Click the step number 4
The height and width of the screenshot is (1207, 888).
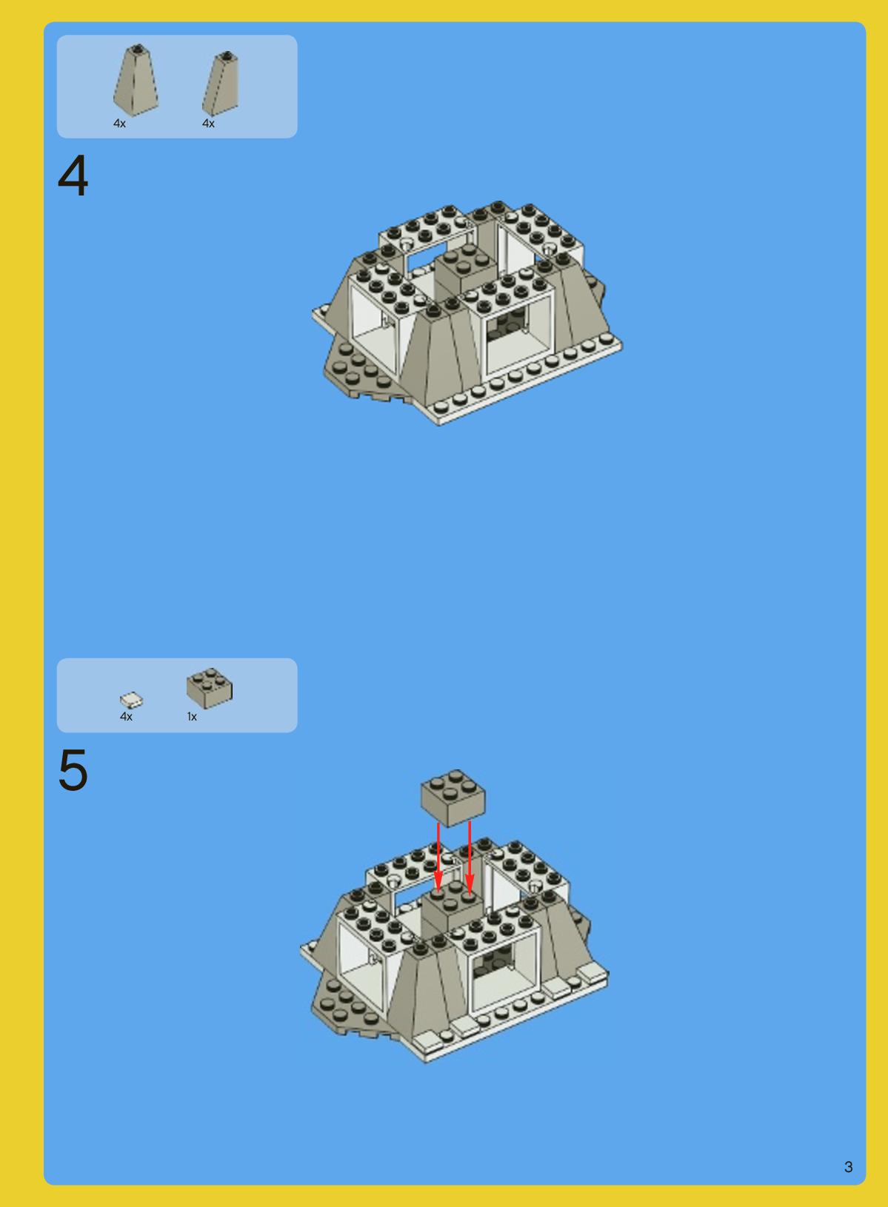pyautogui.click(x=73, y=175)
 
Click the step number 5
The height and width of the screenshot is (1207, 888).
pyautogui.click(x=73, y=770)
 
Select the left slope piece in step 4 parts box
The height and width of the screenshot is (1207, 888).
pyautogui.click(x=136, y=80)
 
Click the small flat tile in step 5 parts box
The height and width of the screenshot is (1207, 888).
pyautogui.click(x=132, y=700)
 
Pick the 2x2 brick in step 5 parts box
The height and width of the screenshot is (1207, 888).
pyautogui.click(x=210, y=688)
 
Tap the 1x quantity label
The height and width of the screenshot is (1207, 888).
pyautogui.click(x=192, y=717)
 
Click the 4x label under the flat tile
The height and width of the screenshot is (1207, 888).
pyautogui.click(x=126, y=717)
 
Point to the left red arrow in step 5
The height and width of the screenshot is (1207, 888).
pyautogui.click(x=438, y=857)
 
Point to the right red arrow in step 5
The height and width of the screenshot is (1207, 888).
pyautogui.click(x=470, y=857)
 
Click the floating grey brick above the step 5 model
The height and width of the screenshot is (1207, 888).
pyautogui.click(x=453, y=798)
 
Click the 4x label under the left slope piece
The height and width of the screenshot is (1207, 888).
pyautogui.click(x=119, y=124)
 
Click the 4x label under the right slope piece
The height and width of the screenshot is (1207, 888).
pyautogui.click(x=209, y=124)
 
